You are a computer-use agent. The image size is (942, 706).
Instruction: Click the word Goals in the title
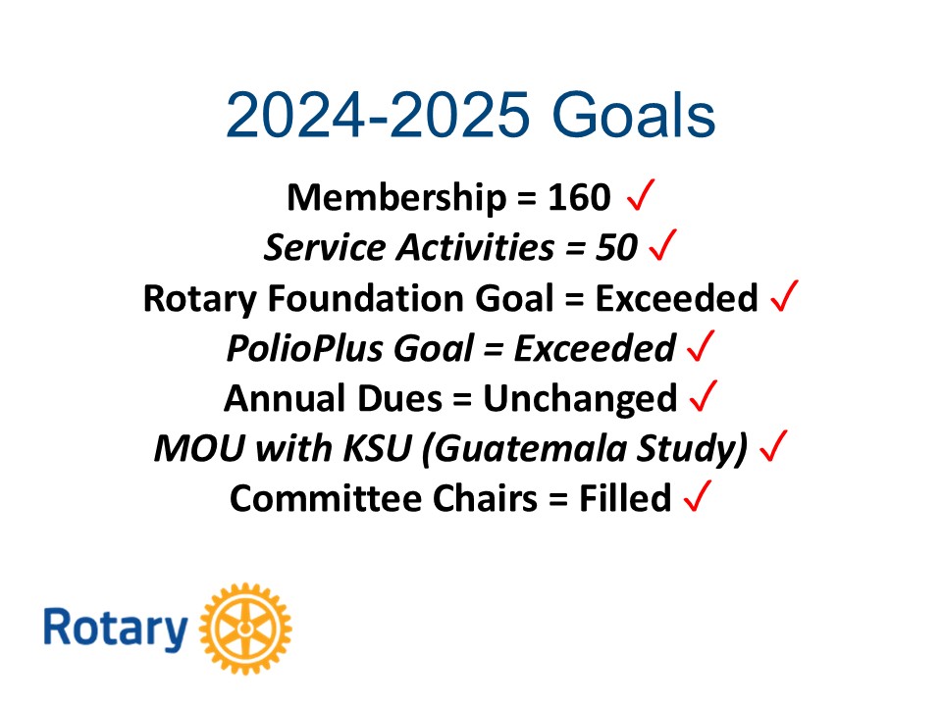click(x=633, y=115)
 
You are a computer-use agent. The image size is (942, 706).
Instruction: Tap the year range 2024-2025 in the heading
click(x=378, y=115)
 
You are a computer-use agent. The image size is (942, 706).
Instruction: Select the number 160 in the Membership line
click(x=579, y=197)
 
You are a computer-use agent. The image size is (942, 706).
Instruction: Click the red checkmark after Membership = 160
click(x=641, y=195)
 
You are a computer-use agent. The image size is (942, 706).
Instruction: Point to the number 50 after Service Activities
click(x=616, y=247)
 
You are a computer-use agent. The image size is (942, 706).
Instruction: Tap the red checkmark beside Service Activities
click(x=662, y=245)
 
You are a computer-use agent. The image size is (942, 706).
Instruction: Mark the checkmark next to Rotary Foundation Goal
click(x=785, y=295)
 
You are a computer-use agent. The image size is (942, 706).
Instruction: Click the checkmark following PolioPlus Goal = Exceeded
click(x=701, y=346)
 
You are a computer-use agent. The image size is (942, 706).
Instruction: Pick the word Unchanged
click(x=580, y=399)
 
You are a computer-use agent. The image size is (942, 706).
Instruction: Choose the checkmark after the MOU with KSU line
click(x=773, y=446)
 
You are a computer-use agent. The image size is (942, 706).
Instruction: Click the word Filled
click(x=625, y=498)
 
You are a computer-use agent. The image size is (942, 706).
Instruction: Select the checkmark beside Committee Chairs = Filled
click(x=698, y=496)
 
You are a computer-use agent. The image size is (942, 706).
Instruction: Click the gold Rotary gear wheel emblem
click(x=245, y=629)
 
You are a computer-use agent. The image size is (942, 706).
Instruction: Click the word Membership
click(x=397, y=197)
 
